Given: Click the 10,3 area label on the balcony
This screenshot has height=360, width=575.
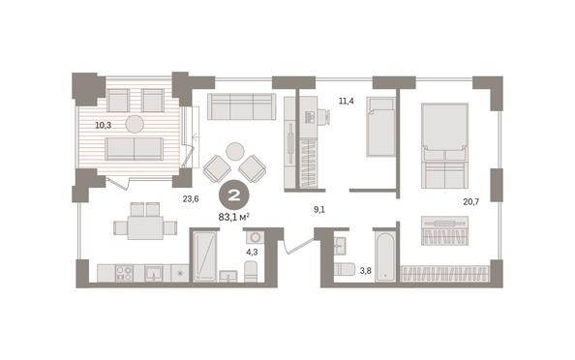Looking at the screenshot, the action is click(x=103, y=126).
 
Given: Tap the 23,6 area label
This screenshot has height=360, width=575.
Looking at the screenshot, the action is click(x=191, y=199).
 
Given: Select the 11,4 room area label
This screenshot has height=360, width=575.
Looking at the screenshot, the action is click(x=347, y=101).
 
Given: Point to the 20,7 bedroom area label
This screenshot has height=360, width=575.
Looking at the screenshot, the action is click(x=471, y=201).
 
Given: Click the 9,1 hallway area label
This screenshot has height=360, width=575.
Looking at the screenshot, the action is click(x=319, y=210).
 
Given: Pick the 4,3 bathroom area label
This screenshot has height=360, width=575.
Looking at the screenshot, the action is click(x=253, y=253).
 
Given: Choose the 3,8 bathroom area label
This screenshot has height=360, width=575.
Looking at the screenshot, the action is click(x=365, y=271).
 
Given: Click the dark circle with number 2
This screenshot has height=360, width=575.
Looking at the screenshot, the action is click(x=234, y=195).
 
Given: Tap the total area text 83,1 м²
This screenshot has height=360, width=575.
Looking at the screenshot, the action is click(x=234, y=218).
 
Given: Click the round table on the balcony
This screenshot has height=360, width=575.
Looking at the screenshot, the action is click(x=135, y=124).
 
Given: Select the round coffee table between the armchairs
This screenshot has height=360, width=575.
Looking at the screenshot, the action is click(x=235, y=151).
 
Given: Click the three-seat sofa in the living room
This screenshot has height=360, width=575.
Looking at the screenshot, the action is click(x=241, y=106).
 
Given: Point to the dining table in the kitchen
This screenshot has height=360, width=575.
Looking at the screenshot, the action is click(x=145, y=227).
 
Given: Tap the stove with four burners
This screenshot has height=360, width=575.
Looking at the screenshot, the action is click(x=124, y=274).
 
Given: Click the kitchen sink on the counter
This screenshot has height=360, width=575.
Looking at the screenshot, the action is click(x=154, y=274).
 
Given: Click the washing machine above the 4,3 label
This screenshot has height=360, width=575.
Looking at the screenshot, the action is click(x=256, y=237).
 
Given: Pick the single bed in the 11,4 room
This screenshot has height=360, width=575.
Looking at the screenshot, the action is click(x=381, y=127).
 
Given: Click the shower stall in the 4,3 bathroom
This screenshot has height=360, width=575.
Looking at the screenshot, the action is click(x=204, y=256).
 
